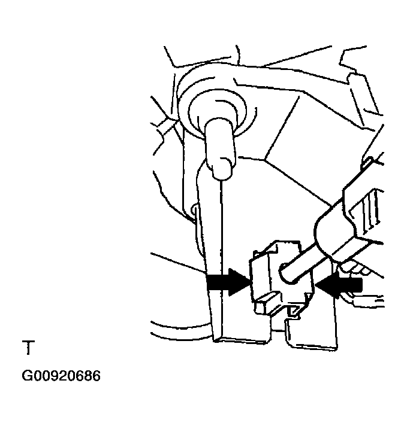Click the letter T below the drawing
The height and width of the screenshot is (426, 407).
(28, 348)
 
